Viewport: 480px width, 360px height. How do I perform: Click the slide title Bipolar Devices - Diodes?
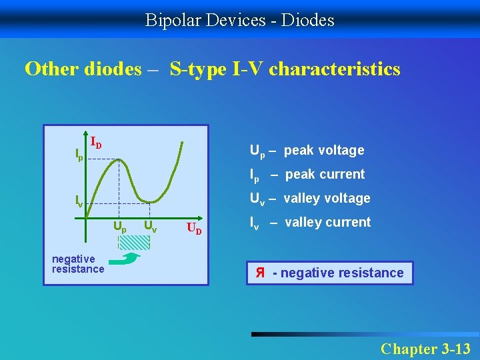point(240,21)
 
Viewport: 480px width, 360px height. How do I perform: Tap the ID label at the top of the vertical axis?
point(96,143)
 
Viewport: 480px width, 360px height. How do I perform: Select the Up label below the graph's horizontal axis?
point(119,227)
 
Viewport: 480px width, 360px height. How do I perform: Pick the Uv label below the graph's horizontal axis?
point(151,227)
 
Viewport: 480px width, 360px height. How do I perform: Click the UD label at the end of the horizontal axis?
point(194,229)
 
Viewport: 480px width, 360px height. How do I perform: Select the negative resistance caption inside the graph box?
point(78,264)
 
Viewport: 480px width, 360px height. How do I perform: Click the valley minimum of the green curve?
point(151,201)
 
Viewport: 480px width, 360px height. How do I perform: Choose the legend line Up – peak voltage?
point(307,151)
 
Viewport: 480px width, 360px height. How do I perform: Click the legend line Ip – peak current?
point(307,175)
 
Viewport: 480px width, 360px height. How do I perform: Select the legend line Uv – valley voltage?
point(309,199)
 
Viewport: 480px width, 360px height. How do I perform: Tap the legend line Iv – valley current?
point(309,223)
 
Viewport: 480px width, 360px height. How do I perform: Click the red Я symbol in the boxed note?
point(260,273)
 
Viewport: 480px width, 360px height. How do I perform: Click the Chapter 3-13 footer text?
point(425,348)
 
